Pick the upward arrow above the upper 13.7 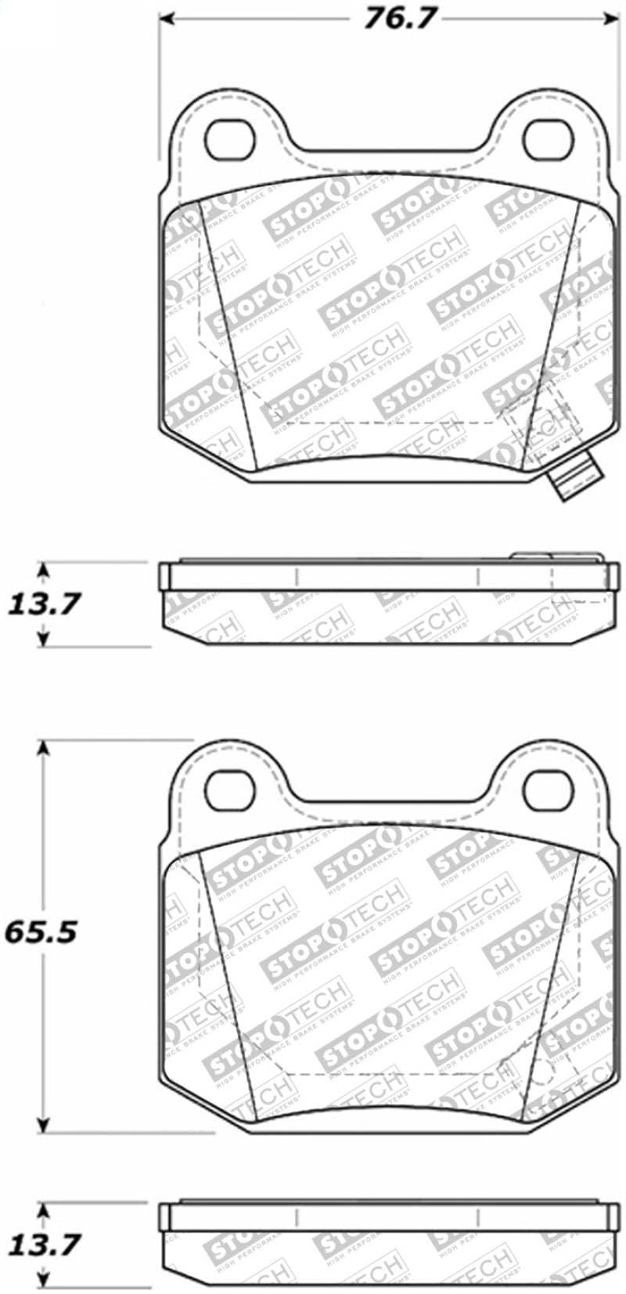(x=44, y=570)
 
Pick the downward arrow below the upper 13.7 (x=44, y=637)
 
